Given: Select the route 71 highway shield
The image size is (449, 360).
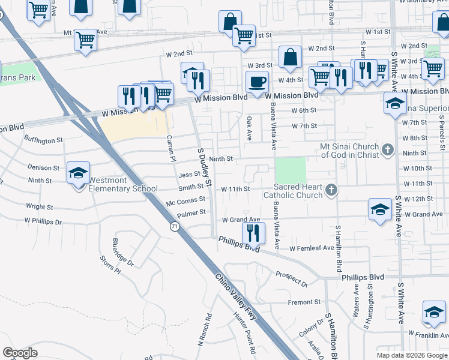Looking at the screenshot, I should pyautogui.click(x=175, y=226).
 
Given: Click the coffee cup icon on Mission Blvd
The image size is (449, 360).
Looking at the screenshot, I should pyautogui.click(x=258, y=82).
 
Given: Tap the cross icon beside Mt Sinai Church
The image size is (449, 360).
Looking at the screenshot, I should pyautogui.click(x=388, y=149).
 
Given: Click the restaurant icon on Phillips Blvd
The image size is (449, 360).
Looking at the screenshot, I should pyautogui.click(x=253, y=233).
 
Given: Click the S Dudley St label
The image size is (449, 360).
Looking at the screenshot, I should pyautogui.click(x=205, y=166).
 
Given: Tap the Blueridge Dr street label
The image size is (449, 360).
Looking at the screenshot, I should pyautogui.click(x=123, y=253).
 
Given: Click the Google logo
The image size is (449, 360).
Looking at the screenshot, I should pyautogui.click(x=20, y=353).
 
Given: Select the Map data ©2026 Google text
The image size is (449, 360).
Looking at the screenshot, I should pyautogui.click(x=412, y=355).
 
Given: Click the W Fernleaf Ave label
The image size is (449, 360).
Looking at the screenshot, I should pyautogui.click(x=311, y=248).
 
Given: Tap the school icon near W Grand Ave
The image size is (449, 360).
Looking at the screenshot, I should pyautogui.click(x=380, y=210).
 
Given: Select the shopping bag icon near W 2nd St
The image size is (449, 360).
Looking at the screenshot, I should pyautogui.click(x=290, y=58).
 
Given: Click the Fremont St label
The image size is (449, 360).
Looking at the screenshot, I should pyautogui.click(x=304, y=302).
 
